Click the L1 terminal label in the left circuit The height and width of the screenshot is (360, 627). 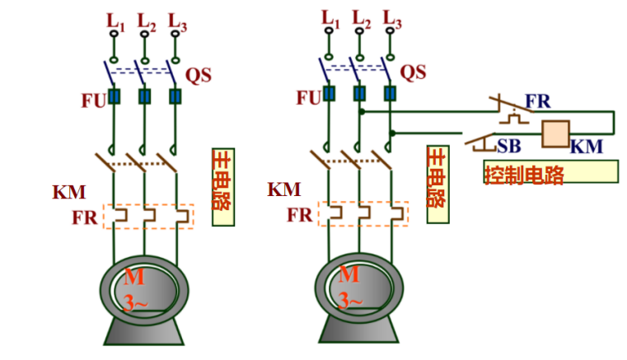point(115,19)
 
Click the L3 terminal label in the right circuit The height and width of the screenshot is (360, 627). point(391,19)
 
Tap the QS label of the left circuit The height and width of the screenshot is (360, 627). point(198,75)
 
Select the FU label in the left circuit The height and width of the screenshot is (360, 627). point(92,100)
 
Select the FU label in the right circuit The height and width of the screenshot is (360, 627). point(308,98)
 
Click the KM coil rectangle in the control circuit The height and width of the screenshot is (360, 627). point(556,133)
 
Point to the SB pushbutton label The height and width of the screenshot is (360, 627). point(508,146)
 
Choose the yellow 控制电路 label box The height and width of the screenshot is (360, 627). point(550,171)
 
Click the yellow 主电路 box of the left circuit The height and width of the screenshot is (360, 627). point(222,187)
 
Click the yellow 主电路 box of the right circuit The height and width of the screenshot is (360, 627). point(437,185)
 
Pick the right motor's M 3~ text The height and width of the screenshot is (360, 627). point(350,288)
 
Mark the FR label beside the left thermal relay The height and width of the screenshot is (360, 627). point(84,218)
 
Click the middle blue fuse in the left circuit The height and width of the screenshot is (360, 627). point(144,97)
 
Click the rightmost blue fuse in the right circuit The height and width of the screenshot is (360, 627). point(390,94)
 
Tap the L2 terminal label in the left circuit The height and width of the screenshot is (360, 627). point(146,19)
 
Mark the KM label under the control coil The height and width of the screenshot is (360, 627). point(586,147)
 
